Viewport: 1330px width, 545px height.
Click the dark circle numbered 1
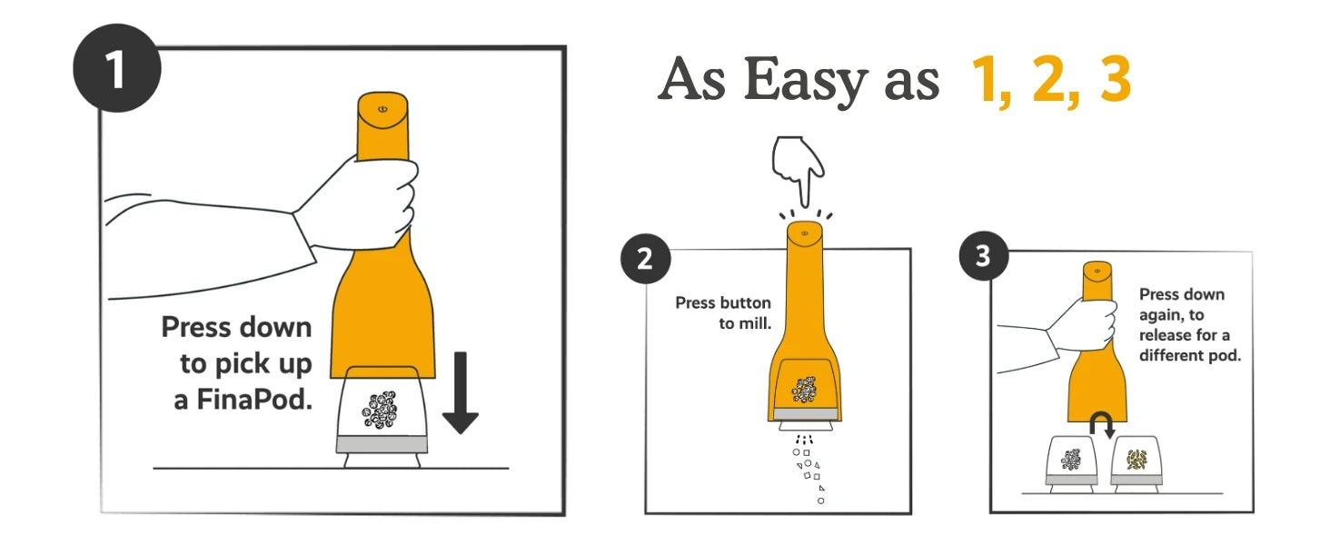click(x=117, y=68)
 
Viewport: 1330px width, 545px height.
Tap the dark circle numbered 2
click(x=645, y=258)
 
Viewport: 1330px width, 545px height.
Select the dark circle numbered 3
click(x=984, y=256)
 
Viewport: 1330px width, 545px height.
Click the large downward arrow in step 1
click(x=461, y=392)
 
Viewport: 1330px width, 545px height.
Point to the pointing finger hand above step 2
click(x=799, y=169)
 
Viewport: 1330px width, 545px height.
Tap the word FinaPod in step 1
click(x=254, y=400)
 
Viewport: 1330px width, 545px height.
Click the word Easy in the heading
click(x=807, y=80)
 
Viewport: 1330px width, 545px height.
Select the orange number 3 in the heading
click(x=1115, y=79)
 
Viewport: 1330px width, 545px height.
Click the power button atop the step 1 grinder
click(x=382, y=109)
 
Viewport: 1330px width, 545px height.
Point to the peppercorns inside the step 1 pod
click(x=380, y=409)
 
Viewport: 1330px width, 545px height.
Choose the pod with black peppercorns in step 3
click(x=1071, y=464)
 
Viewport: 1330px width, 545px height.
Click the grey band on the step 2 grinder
click(x=805, y=414)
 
